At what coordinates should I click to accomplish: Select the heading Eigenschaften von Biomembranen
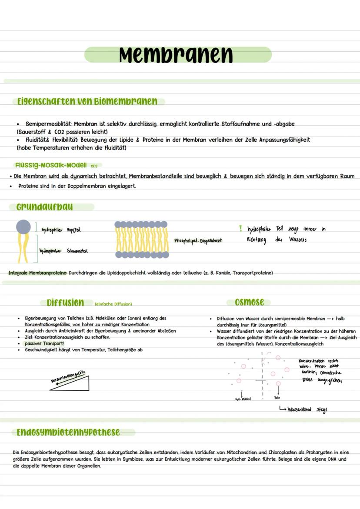point(87,102)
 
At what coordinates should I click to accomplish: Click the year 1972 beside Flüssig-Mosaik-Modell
point(94,166)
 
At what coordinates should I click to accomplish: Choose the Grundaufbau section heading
point(44,207)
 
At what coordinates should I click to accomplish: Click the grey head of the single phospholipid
point(23,227)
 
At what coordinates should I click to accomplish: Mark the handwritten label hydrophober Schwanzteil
point(63,251)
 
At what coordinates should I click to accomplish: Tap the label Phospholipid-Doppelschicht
point(198,240)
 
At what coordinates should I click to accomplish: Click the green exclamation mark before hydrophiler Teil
point(240,228)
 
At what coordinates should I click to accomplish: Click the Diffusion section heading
point(66,303)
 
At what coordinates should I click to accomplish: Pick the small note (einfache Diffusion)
point(113,304)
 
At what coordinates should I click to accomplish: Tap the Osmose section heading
point(249,302)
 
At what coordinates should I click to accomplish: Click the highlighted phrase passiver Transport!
point(44,343)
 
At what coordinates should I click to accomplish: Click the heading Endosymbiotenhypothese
point(68,432)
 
